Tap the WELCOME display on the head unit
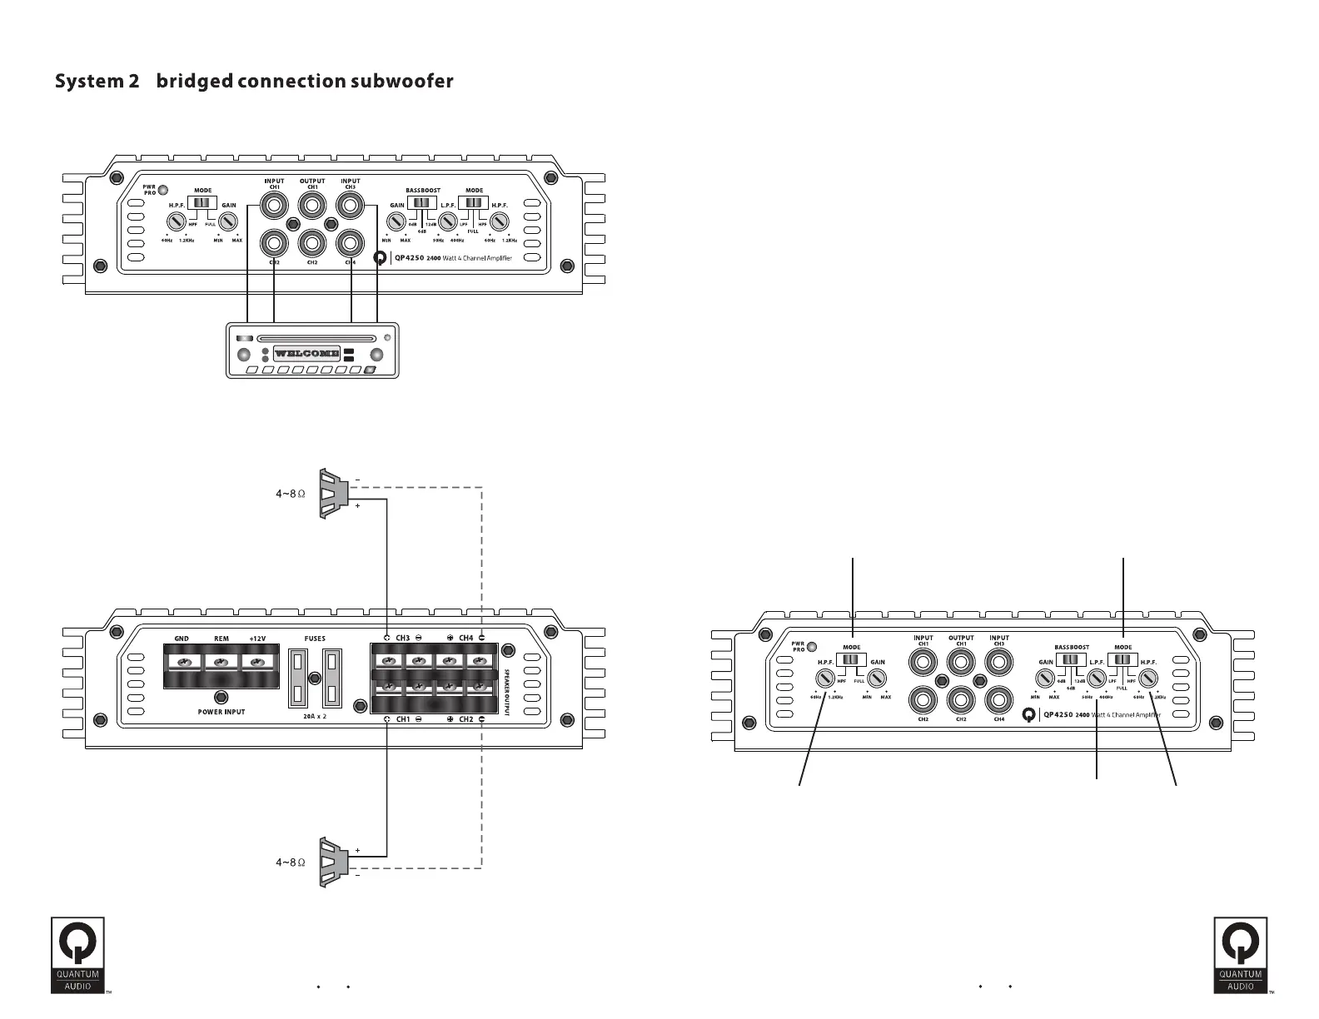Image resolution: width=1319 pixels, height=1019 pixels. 306,353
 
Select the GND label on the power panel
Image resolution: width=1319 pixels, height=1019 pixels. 182,639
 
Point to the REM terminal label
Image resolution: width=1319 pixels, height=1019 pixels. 221,639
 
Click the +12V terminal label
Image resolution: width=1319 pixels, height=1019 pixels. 257,639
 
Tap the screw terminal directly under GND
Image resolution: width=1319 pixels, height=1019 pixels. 182,662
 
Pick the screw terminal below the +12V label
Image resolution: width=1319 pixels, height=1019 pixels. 258,662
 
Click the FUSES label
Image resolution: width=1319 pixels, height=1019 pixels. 315,639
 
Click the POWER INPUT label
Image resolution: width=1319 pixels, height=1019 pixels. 221,712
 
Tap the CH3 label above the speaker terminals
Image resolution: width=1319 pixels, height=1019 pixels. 403,638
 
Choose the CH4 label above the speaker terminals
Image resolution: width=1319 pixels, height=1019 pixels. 465,638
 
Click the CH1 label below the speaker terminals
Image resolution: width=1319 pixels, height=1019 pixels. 403,718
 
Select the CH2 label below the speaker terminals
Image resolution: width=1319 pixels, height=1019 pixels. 465,718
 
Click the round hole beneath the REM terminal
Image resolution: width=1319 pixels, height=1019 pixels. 221,697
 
